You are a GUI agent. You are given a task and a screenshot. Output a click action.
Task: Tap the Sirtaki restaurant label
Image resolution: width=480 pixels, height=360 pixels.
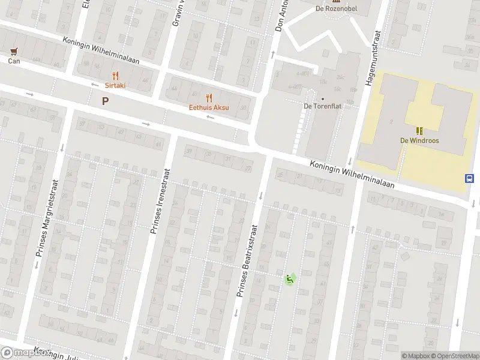[115, 85]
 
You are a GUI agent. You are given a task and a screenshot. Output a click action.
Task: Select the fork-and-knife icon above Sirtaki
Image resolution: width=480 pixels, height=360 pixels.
[115, 76]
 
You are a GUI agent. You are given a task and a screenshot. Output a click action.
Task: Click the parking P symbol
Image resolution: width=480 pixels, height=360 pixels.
[105, 101]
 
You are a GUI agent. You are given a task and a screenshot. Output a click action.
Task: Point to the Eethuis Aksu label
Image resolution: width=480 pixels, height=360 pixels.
[209, 107]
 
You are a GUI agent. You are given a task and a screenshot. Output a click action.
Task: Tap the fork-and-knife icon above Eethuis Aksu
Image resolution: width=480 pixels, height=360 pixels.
[209, 97]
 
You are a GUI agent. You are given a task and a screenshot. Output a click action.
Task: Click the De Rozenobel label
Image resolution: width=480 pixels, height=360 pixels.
[336, 9]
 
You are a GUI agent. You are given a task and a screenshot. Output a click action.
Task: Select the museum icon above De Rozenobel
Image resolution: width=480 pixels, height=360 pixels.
[336, 2]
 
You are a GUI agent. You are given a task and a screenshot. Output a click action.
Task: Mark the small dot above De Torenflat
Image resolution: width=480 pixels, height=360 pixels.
[323, 99]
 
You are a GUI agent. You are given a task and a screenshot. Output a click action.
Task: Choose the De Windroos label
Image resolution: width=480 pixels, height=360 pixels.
[419, 140]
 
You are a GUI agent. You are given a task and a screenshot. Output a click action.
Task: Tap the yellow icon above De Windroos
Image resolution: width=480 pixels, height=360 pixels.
[419, 130]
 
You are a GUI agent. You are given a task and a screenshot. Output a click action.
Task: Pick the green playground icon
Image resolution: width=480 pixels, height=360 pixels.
[290, 278]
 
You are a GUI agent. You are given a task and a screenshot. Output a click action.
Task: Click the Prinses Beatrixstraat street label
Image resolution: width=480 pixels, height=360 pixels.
[246, 269]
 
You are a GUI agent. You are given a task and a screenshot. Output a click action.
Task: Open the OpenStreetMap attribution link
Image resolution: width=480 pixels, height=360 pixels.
[456, 356]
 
